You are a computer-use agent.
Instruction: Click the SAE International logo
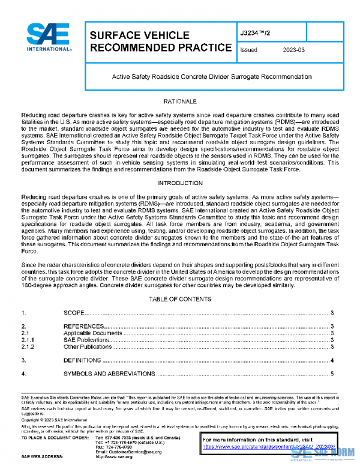[x=47, y=39]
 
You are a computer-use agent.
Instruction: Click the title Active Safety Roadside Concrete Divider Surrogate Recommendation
[x=212, y=77]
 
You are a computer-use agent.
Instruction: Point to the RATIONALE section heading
[x=179, y=102]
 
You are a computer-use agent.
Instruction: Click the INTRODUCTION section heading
[x=179, y=182]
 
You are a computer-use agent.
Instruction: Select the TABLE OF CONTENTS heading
[x=179, y=298]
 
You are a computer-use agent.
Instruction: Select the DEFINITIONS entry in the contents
[x=82, y=360]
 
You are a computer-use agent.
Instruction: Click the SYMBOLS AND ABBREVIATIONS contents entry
[x=109, y=374]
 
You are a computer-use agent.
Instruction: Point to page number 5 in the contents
[x=332, y=374]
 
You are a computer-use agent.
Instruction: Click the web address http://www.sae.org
[x=114, y=457]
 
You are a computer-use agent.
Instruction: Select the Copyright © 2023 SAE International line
[x=55, y=420]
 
